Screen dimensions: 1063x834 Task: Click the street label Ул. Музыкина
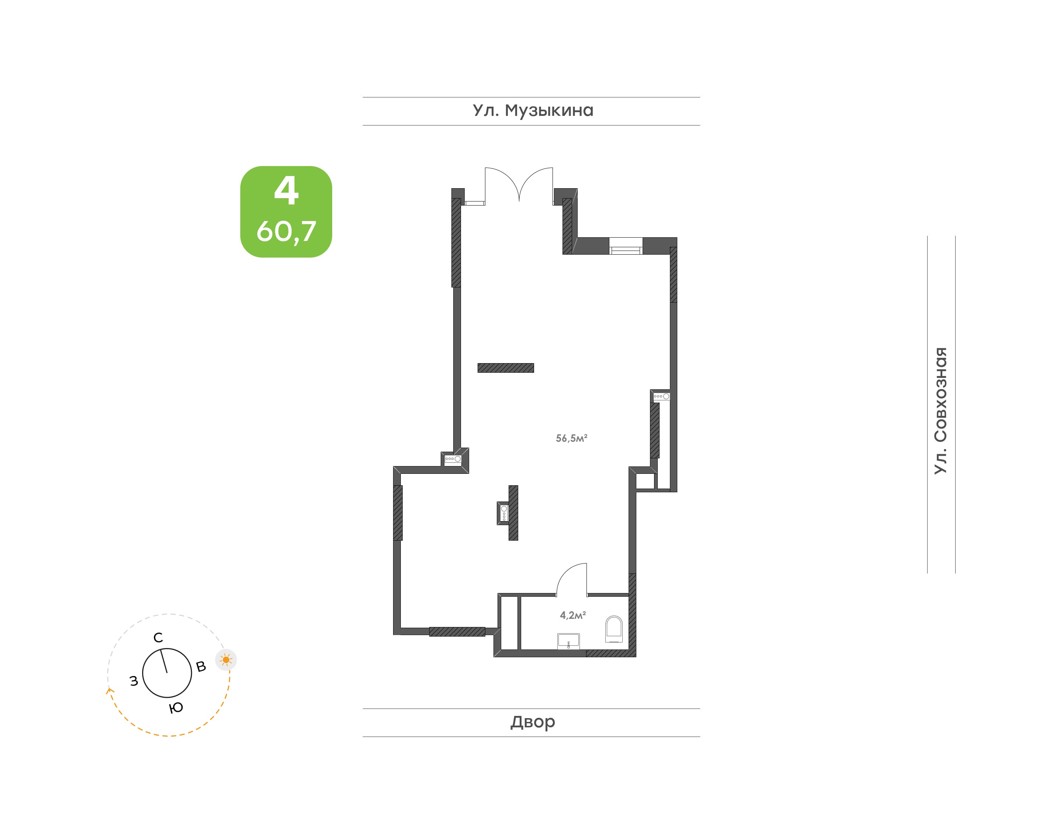(533, 111)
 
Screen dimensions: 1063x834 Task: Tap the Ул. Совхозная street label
(940, 410)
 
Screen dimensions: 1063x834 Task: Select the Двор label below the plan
(533, 722)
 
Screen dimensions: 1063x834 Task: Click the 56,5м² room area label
(571, 438)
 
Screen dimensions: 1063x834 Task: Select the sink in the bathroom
(568, 641)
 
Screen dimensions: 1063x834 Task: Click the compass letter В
(201, 666)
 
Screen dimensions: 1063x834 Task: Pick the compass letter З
(134, 681)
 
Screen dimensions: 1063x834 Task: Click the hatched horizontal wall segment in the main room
(505, 368)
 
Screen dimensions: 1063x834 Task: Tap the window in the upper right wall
(626, 246)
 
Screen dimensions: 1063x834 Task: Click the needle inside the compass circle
(164, 661)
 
